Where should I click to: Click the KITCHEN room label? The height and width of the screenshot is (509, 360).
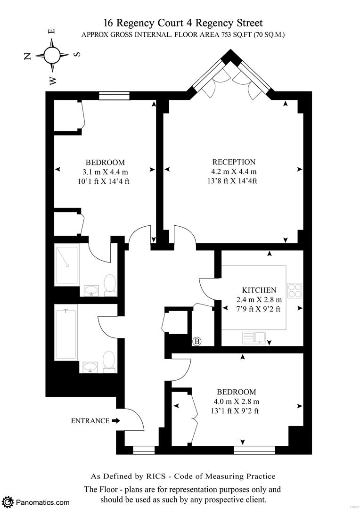click(259, 290)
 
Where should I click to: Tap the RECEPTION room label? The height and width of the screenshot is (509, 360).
click(234, 162)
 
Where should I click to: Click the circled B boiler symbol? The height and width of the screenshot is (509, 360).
click(197, 341)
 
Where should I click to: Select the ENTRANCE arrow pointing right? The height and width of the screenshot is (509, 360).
click(116, 421)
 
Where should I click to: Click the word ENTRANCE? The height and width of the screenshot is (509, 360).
click(90, 421)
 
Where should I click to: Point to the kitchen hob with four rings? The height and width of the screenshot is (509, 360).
click(294, 290)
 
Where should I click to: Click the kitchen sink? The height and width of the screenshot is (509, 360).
click(254, 337)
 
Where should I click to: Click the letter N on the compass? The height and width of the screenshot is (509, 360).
click(28, 56)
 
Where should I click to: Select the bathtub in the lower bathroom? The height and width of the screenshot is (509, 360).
click(66, 334)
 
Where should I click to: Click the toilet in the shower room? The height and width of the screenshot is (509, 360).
click(110, 285)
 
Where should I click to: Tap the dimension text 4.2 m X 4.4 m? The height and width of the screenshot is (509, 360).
click(234, 172)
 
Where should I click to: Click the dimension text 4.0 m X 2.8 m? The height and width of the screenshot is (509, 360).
click(236, 402)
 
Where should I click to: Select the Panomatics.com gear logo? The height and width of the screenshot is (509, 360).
click(8, 502)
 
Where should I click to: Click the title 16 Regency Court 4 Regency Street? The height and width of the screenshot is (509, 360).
click(183, 23)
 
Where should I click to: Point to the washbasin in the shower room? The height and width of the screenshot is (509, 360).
click(91, 290)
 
